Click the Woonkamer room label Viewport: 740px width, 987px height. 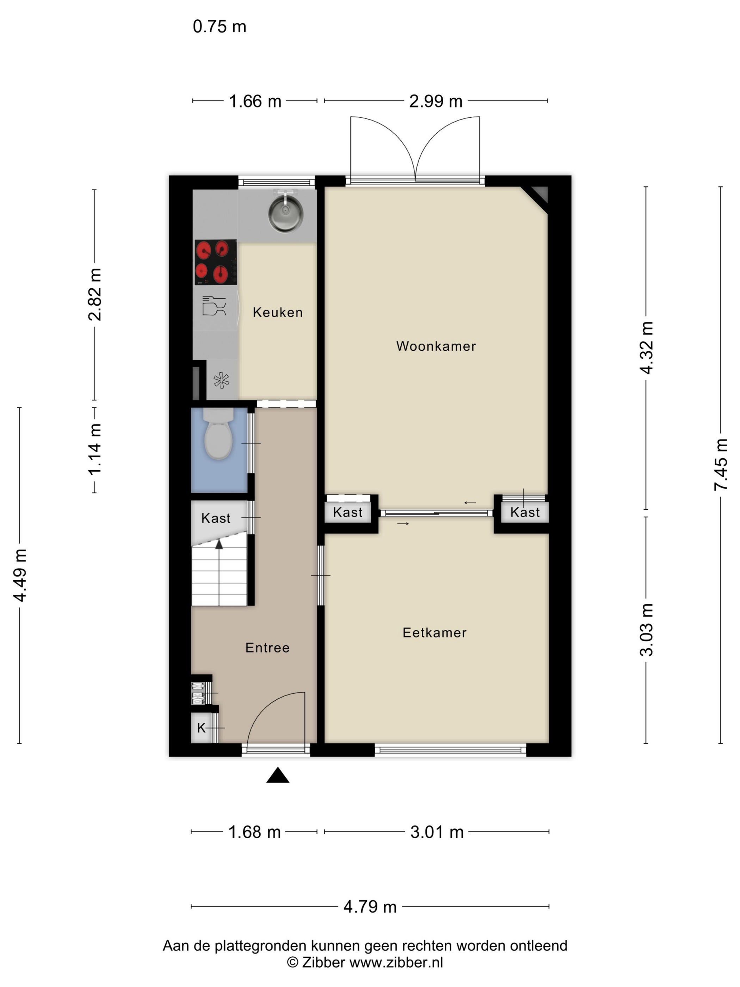[436, 346]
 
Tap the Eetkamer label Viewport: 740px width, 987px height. [434, 632]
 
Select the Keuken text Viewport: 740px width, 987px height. [277, 312]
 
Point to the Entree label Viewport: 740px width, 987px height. [267, 648]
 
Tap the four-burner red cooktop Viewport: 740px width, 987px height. [215, 262]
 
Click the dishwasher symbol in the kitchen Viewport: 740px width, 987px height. [214, 306]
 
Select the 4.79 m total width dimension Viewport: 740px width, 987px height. [370, 906]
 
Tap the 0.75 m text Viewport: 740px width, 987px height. [220, 26]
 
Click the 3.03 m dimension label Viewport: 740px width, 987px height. [646, 630]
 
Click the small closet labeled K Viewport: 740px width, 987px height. [202, 728]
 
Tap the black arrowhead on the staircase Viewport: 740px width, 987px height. [219, 544]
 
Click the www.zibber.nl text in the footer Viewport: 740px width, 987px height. [396, 962]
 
